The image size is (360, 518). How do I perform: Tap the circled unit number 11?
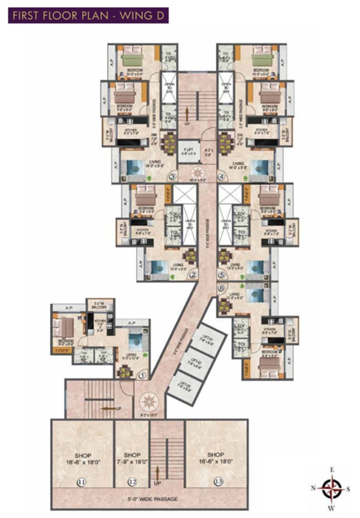pos(82,482)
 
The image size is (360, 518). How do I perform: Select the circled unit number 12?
pos(133,482)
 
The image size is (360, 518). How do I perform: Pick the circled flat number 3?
pos(172,177)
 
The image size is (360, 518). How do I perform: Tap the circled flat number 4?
pos(222,177)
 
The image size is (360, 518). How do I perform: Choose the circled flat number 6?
pos(222,289)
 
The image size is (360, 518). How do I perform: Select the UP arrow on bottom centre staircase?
pos(158,473)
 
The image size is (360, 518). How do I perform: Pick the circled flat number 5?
pos(222,276)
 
